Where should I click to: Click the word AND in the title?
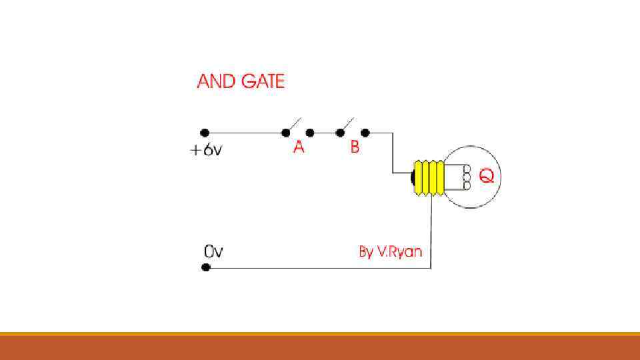[216, 81]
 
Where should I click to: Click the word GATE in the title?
[262, 81]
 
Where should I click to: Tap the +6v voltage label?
[206, 150]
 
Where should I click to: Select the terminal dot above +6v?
[205, 133]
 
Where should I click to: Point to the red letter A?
[299, 147]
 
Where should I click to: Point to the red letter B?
[355, 147]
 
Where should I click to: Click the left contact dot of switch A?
[285, 133]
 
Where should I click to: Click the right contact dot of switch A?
[310, 133]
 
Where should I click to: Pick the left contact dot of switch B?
[340, 133]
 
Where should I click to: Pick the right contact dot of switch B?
[365, 133]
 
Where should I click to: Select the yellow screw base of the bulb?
[429, 177]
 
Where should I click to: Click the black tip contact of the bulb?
[413, 177]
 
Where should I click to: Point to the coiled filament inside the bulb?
[467, 177]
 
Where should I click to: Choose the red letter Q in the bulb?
[487, 177]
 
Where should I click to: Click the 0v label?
[213, 253]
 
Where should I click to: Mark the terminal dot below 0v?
[206, 267]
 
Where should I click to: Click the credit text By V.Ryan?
[391, 252]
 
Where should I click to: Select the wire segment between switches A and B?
[325, 133]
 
